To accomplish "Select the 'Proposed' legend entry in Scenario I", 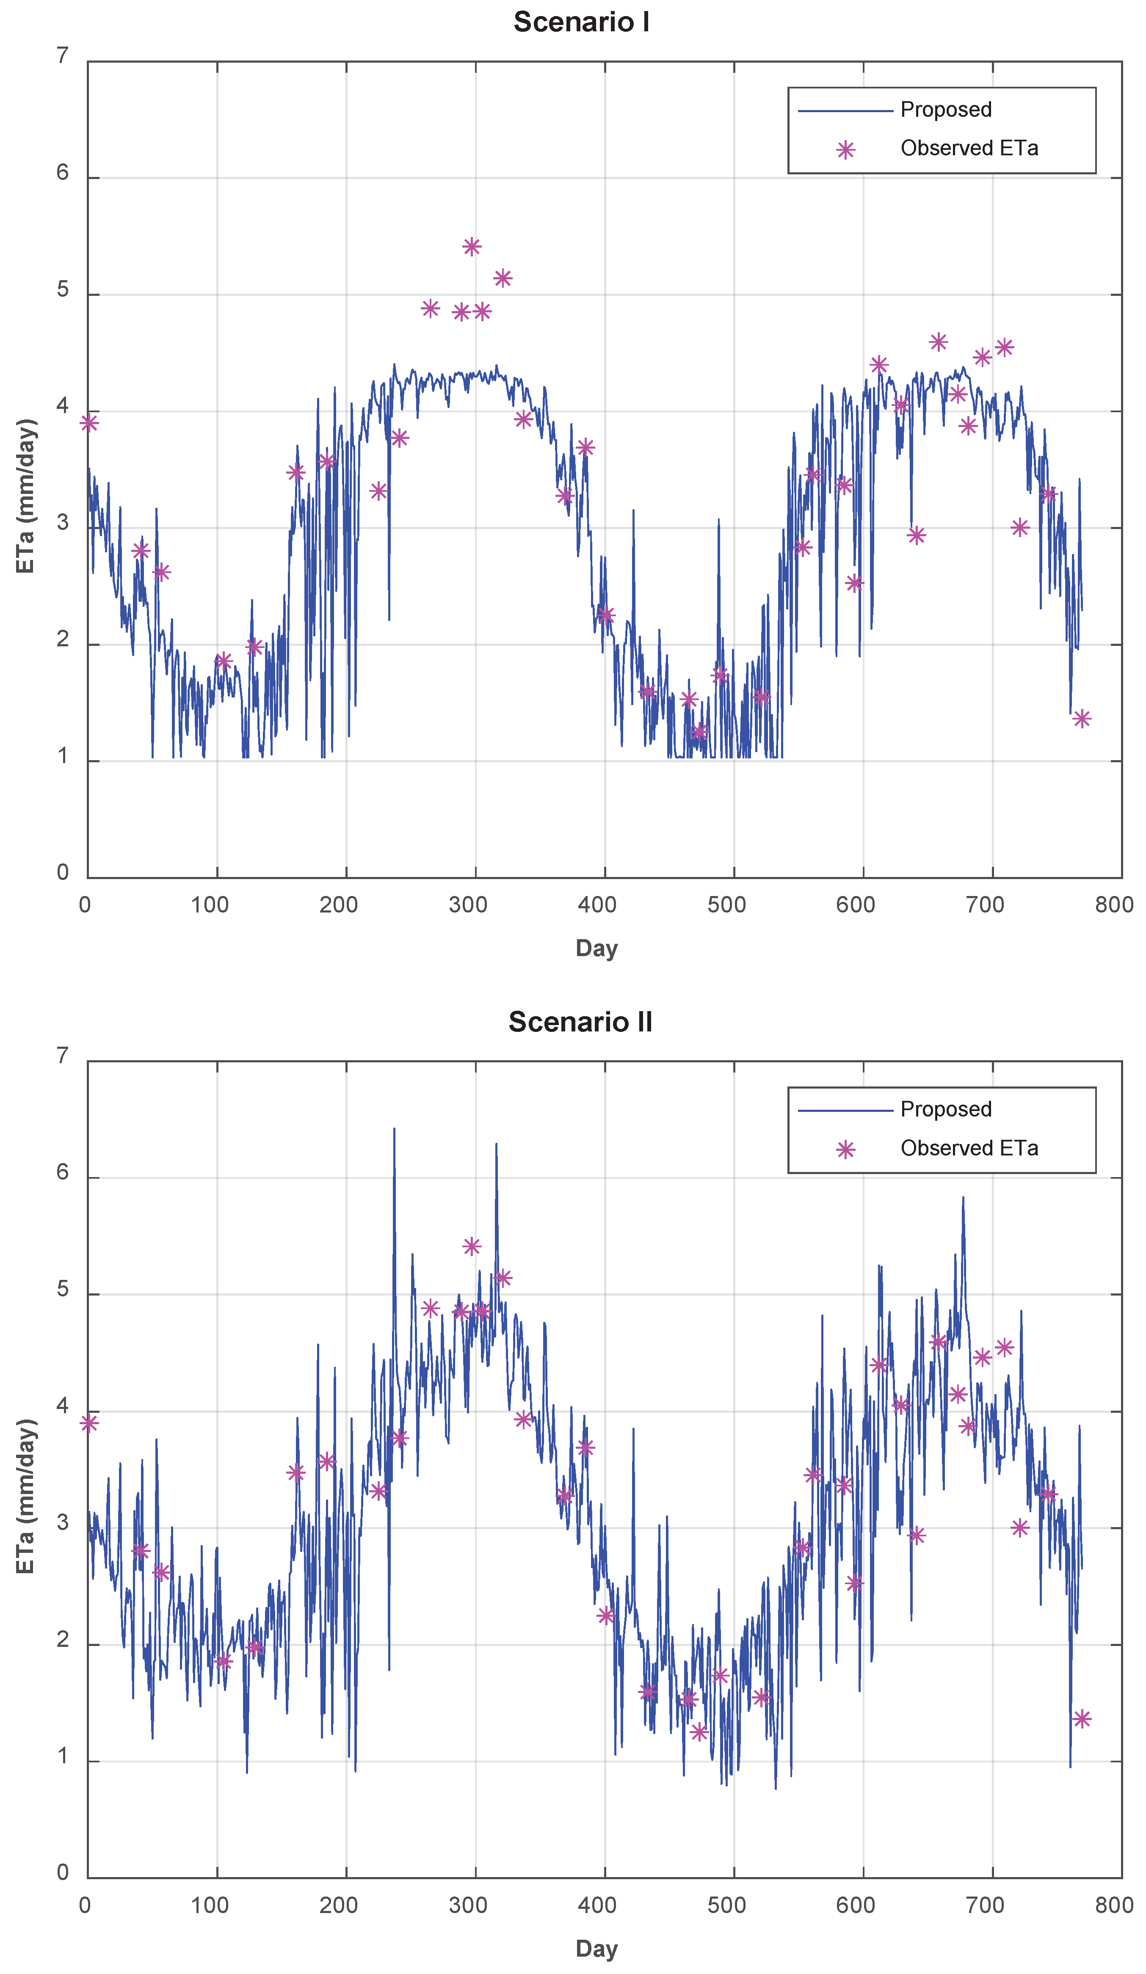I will coord(945,110).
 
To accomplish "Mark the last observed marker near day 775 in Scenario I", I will coord(1081,718).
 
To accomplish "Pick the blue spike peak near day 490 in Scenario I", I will coord(718,519).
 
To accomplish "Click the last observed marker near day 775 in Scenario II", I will coord(1081,1719).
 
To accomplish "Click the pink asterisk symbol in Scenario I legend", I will coord(845,150).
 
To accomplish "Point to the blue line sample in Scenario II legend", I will coord(845,1111).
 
